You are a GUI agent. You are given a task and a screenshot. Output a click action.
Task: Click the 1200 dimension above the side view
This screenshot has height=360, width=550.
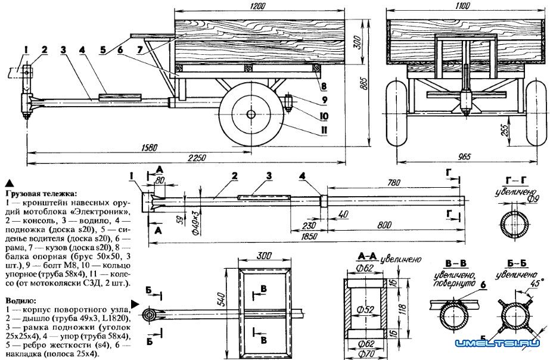click(259, 5)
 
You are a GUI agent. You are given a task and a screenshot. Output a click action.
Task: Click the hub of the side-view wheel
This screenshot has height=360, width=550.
click(251, 115)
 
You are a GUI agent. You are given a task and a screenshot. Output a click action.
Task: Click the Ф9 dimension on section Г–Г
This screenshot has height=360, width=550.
click(535, 198)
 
